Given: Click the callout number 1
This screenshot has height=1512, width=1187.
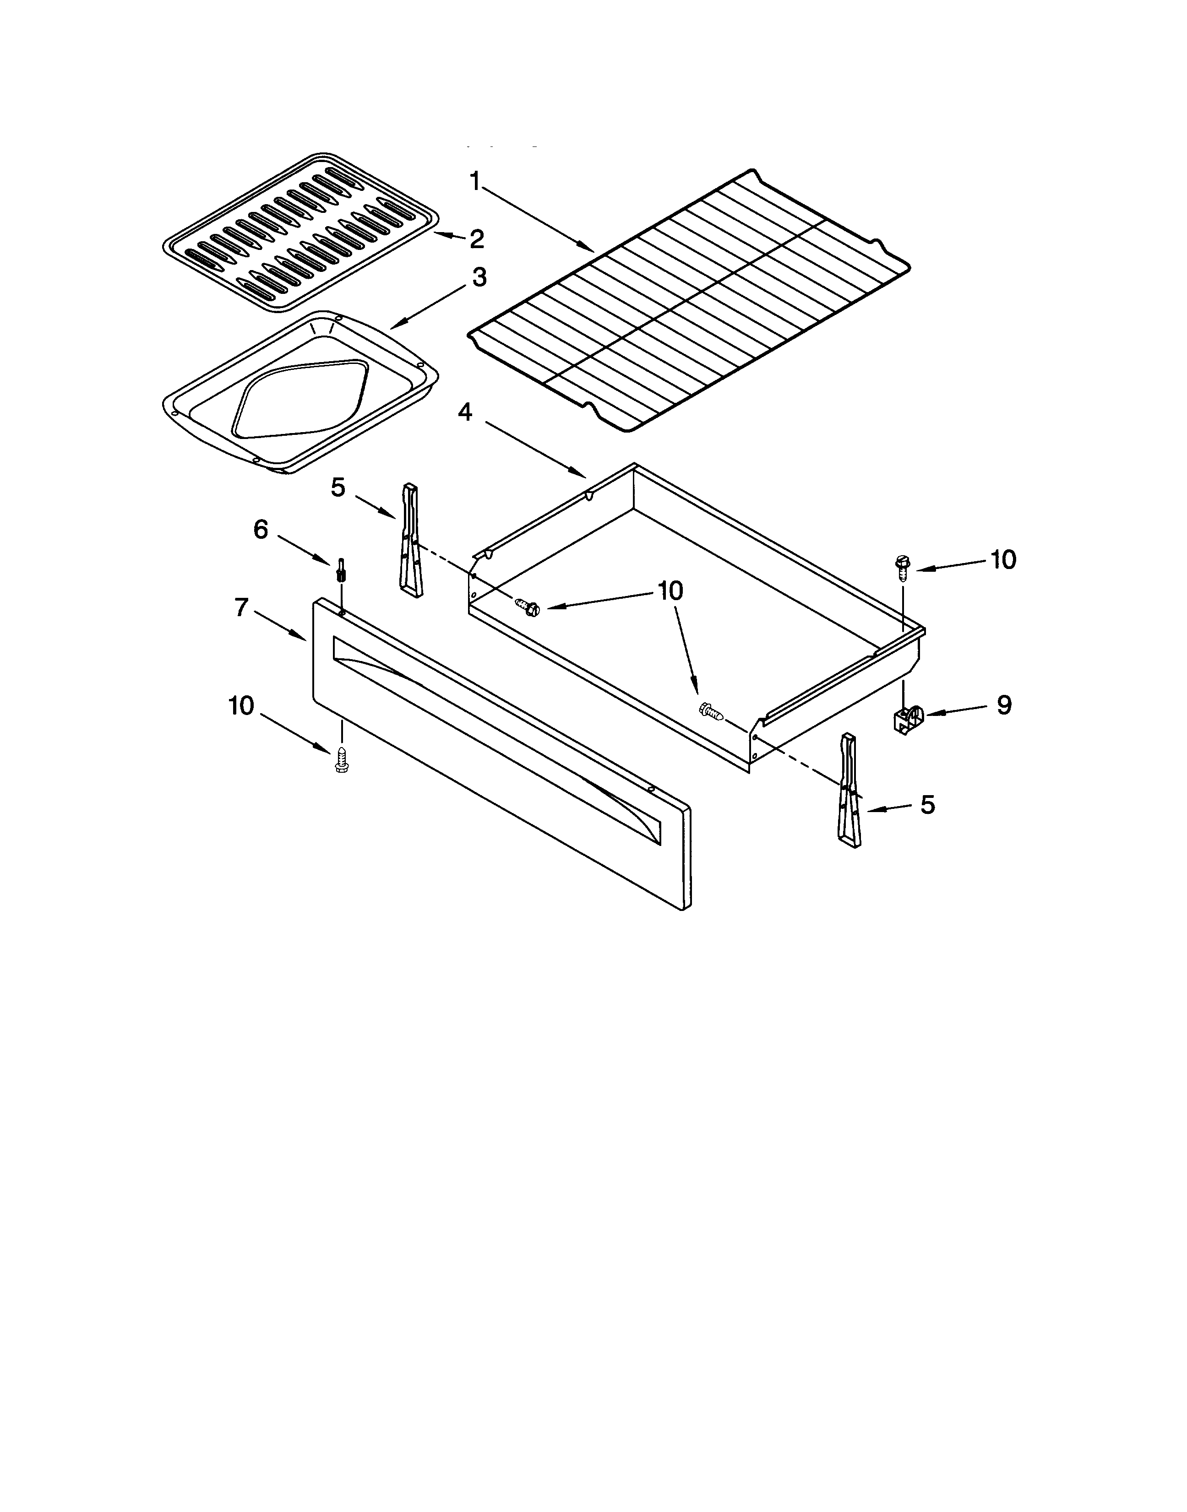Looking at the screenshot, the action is [475, 183].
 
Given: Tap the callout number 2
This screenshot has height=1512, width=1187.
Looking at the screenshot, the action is [476, 239].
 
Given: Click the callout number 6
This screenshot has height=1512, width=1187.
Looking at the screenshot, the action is [260, 531].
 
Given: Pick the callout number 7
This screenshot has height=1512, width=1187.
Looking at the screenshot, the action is [241, 608].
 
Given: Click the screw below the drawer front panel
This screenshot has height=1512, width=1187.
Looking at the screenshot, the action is [341, 760].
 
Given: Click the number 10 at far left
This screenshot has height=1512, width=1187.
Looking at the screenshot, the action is [241, 706].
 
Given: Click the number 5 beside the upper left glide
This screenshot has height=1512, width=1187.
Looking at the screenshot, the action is [338, 488].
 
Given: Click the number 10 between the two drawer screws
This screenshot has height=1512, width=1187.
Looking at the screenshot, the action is [670, 591].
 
